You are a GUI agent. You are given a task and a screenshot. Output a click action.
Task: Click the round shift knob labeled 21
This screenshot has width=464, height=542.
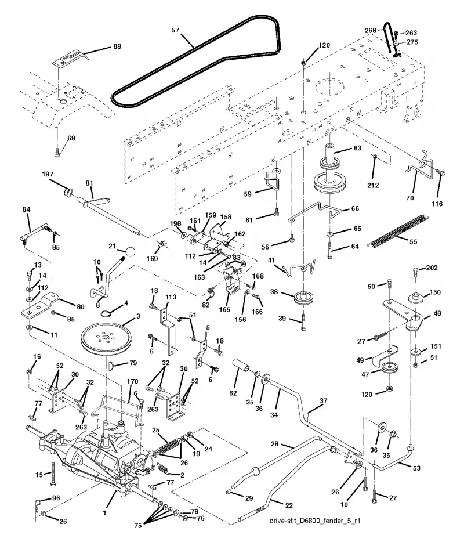[130, 252]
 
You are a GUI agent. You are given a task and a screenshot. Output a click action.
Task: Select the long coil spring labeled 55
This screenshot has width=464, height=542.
[400, 230]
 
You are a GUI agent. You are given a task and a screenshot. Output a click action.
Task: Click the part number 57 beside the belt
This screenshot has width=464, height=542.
[175, 30]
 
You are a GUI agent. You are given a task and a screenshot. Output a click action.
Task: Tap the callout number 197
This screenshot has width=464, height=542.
[48, 174]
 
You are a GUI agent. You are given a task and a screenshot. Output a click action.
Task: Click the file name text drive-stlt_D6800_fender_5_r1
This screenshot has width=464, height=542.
[314, 521]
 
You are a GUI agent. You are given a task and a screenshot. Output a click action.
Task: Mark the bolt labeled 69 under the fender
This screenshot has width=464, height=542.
[57, 152]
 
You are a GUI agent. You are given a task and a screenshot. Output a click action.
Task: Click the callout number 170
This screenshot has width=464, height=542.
[132, 381]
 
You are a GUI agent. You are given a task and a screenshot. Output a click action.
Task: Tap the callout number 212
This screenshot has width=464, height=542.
[373, 185]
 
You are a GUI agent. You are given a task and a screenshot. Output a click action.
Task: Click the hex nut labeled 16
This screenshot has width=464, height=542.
[30, 371]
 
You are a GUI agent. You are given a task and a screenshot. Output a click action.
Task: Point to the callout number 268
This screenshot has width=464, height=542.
[370, 30]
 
